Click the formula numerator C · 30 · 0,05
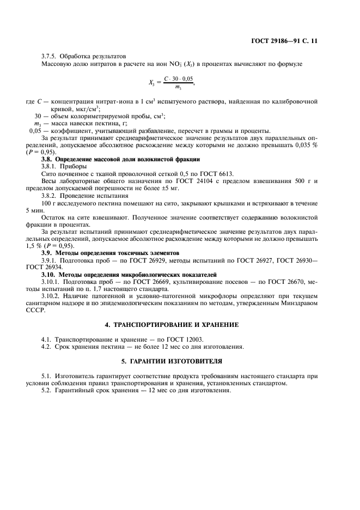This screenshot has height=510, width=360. [x=178, y=79]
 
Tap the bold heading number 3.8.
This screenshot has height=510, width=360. [x=48, y=159]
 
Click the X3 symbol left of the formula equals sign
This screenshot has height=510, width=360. [x=152, y=83]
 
